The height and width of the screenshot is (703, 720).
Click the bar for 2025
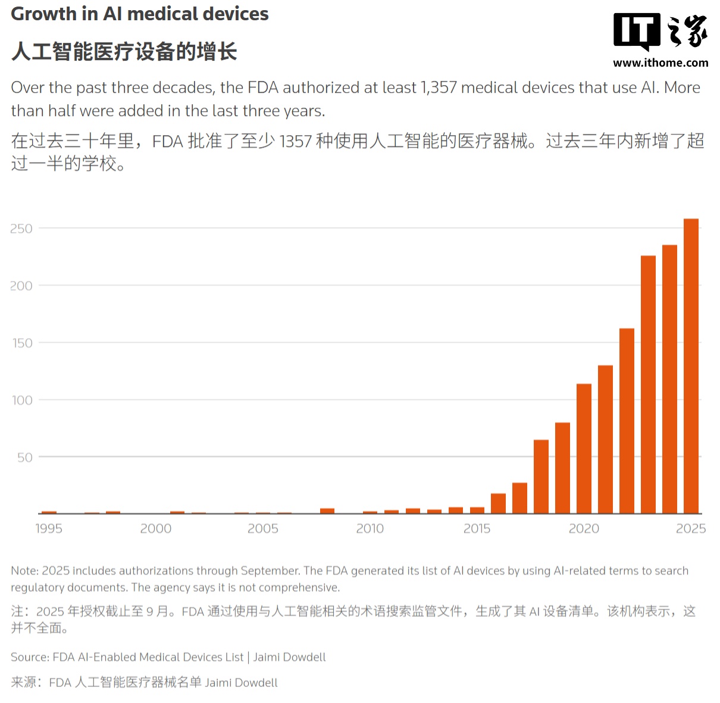coord(691,366)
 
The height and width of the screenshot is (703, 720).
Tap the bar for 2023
coord(648,385)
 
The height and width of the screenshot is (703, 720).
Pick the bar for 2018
coord(541,476)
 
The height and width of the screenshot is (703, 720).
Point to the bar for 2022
coord(627,421)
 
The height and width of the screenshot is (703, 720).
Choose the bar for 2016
coord(498,503)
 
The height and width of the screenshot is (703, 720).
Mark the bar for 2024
coord(669,379)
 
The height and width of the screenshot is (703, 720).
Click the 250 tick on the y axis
coord(21,229)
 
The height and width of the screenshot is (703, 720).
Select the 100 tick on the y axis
coord(22,400)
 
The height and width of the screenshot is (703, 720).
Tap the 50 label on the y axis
coord(24,457)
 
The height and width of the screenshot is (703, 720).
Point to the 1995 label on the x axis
coord(49,529)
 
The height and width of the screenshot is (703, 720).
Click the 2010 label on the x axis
coord(370,529)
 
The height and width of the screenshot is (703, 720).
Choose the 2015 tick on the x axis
coord(477,529)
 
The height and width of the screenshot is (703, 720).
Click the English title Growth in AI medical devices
coord(140,14)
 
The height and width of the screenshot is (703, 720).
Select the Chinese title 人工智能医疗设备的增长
coord(124,52)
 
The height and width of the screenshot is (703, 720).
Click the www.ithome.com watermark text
coord(660,63)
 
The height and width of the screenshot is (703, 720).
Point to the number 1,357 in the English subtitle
coord(439,88)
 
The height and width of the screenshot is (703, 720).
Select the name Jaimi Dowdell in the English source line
coord(290,657)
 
